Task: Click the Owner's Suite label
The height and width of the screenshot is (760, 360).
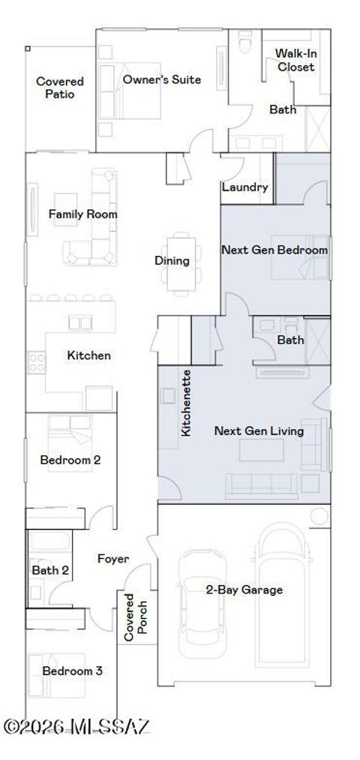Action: (x=161, y=80)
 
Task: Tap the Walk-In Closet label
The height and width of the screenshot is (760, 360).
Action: (x=295, y=60)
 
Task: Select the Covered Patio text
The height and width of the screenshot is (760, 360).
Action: (x=60, y=88)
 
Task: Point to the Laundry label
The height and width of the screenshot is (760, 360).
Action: (x=244, y=187)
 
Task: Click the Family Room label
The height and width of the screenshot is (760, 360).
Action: (x=83, y=214)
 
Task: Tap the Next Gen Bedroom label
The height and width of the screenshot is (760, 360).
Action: (x=274, y=249)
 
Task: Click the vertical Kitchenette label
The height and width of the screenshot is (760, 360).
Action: (x=187, y=403)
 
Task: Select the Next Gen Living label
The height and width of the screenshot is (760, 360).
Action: (x=259, y=431)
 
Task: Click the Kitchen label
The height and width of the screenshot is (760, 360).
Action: (x=89, y=355)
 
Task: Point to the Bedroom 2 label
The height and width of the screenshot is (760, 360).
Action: (x=70, y=459)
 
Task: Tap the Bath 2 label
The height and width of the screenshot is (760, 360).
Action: (x=50, y=570)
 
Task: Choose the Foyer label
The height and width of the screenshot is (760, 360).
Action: (x=113, y=559)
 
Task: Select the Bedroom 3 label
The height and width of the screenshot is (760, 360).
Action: (x=72, y=671)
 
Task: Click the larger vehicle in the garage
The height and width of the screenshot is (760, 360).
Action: (x=283, y=600)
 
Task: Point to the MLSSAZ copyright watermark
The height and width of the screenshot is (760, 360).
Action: (x=77, y=725)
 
